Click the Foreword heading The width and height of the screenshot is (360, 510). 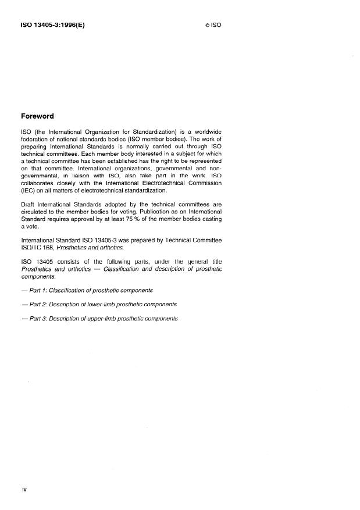click(37, 116)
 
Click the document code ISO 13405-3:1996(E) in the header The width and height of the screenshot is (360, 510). click(52, 26)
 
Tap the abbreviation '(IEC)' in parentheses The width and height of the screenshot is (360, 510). click(29, 190)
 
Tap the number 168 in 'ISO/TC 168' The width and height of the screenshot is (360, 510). click(47, 248)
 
